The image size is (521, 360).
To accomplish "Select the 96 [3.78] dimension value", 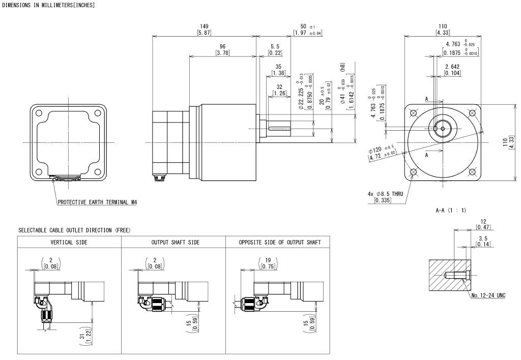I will pyautogui.click(x=223, y=50).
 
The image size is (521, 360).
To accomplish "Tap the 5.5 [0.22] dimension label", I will pyautogui.click(x=275, y=50).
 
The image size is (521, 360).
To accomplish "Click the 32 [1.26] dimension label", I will pyautogui.click(x=279, y=89).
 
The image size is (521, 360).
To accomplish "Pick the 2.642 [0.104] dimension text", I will pyautogui.click(x=452, y=70).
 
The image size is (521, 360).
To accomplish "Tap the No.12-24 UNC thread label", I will pyautogui.click(x=488, y=295).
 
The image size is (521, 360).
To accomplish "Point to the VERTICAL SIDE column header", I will pyautogui.click(x=70, y=242).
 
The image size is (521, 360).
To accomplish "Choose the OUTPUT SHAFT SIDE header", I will pyautogui.click(x=173, y=242).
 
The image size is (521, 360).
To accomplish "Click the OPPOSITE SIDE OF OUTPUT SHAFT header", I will pyautogui.click(x=280, y=242).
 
